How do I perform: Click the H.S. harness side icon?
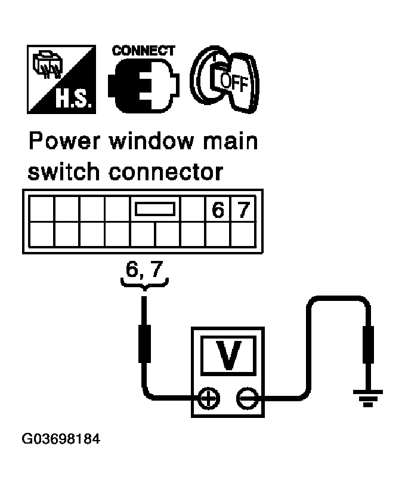coord(61,79)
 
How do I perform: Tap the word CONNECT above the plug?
coord(143,51)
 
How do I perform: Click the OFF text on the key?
coord(234,82)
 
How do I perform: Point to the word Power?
coord(65,142)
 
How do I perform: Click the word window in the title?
coord(152,142)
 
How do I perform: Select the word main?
coord(231,142)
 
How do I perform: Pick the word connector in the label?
coord(166,172)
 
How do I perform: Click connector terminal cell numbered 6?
coord(218,209)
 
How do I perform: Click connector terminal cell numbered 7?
coord(243,209)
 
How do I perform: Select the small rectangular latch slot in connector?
coord(155,209)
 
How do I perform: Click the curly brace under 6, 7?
coord(144,284)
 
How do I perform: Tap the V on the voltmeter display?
coord(228,355)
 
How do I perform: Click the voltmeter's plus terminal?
coord(209,398)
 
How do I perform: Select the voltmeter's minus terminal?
coord(248,398)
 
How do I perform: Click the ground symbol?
coord(368,398)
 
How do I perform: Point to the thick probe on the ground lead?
coord(368,345)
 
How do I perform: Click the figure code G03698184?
coord(61,439)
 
